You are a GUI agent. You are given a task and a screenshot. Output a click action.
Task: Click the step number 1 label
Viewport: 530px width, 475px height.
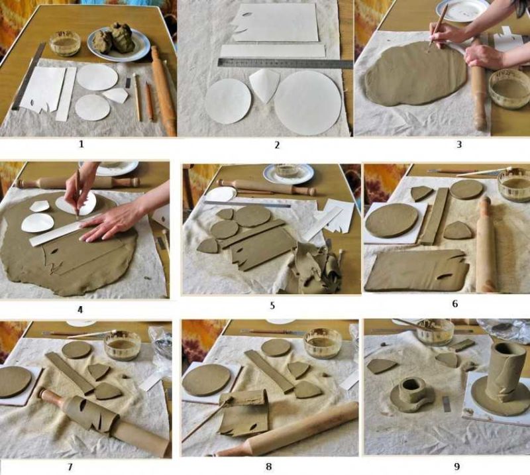tap(81, 144)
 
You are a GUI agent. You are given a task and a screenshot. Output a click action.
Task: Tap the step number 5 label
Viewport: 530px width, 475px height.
tap(272, 306)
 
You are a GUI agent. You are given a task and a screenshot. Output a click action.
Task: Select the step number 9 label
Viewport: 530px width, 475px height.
tap(456, 466)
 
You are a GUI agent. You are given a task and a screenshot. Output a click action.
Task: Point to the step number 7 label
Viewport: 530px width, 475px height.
tap(70, 467)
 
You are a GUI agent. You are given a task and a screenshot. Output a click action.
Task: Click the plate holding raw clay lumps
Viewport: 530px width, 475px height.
tap(119, 45)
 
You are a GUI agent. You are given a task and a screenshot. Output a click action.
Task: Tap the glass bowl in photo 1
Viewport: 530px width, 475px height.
tap(65, 43)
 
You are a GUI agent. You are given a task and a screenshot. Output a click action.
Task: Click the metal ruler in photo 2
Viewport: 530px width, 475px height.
tap(286, 63)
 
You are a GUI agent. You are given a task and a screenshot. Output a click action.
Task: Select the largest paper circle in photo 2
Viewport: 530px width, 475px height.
tap(308, 103)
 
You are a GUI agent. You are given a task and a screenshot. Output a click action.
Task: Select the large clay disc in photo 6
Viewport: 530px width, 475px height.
tap(392, 220)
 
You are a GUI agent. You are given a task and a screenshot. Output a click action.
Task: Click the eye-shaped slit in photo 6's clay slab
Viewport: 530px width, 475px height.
tap(444, 277)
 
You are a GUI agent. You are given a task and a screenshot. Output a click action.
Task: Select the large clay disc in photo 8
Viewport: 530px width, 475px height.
tap(207, 380)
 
